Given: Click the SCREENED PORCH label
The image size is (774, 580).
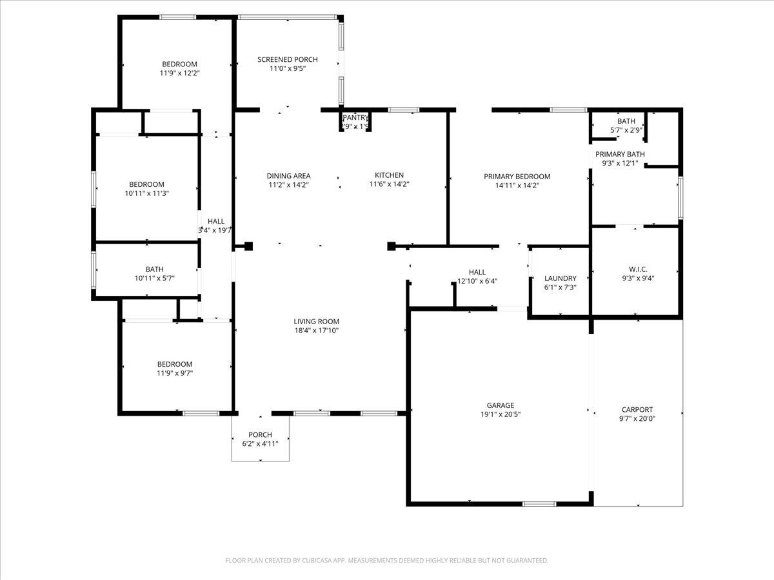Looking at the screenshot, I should point(288,59).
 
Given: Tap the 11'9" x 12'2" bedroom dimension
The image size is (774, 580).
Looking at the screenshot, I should point(179,73).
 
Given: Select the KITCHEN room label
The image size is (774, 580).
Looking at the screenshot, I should point(390,175).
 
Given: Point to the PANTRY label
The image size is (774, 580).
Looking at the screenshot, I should point(355,117).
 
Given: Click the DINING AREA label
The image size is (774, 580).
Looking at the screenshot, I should point(288,176).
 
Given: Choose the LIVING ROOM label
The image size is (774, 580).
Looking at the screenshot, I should point(316,322).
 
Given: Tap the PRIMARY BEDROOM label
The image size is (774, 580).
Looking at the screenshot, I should point(517,177).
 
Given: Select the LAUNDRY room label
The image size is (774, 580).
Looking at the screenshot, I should point(560,278).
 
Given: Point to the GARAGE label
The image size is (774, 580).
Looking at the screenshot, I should point(500,405).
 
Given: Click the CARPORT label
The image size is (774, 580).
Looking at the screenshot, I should point(637,409).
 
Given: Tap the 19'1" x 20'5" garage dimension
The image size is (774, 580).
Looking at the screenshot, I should point(500,414).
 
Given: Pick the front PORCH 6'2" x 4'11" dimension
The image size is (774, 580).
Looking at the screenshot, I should point(260,443).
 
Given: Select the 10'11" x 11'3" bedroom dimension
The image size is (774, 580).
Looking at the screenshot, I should point(146,193).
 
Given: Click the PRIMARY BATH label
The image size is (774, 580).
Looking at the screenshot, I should point(620,154).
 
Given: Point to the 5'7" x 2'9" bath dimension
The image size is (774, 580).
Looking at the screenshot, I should point(626,130).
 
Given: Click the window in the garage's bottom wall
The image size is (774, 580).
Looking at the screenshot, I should point(539,503).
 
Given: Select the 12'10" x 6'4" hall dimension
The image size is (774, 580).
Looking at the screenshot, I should point(477,281).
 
